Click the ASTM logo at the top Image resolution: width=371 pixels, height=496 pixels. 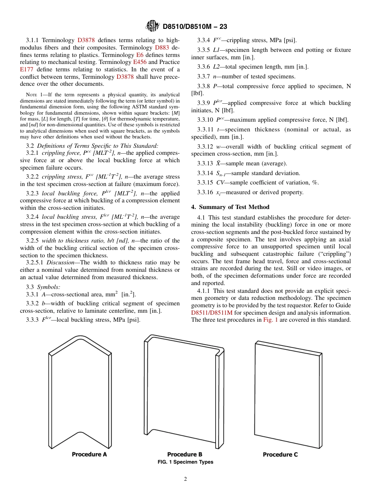[152, 26]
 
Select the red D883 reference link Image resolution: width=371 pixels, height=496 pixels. [162, 48]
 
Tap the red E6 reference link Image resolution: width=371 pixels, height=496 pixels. [140, 55]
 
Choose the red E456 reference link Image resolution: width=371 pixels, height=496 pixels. [140, 62]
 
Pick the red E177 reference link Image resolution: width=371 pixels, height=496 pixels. [27, 69]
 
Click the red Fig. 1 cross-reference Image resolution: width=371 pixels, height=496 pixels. [270, 320]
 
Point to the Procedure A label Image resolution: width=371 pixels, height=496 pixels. [89, 454]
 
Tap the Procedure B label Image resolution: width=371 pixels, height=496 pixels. [185, 454]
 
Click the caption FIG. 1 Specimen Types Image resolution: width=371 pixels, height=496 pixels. [185, 462]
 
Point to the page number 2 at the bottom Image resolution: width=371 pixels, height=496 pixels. [185, 479]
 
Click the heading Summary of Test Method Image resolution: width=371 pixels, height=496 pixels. [237, 207]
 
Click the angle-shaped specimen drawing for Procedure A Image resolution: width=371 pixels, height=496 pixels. [80, 390]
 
